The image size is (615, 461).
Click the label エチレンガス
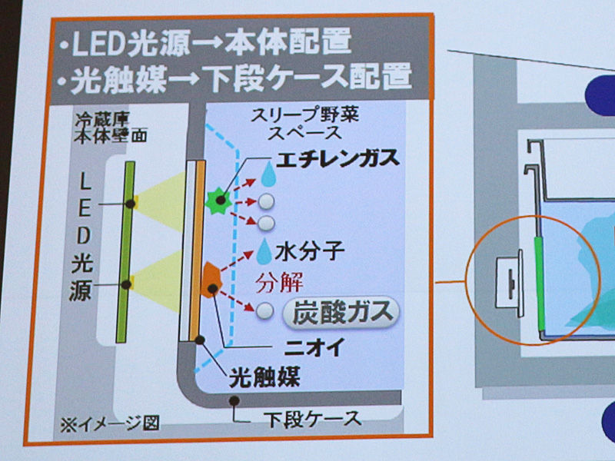[337, 159]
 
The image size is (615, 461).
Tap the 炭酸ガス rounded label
[341, 313]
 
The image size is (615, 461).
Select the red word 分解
[279, 282]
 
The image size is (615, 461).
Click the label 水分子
[310, 251]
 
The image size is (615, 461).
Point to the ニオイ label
[315, 347]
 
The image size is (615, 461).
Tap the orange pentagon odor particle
[211, 280]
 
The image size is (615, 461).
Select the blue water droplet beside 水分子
[264, 251]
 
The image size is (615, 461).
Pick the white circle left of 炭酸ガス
[264, 310]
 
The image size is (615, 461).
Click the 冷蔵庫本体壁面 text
[111, 128]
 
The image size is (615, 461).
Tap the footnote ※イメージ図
[109, 423]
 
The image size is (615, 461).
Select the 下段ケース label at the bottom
[312, 419]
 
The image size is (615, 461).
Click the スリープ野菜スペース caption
[304, 124]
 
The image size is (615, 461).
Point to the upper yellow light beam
[159, 202]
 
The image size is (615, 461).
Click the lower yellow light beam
[158, 281]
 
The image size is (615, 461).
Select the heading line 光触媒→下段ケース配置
[234, 78]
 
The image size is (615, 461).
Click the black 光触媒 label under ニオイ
[264, 376]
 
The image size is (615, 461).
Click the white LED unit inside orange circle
[509, 283]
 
